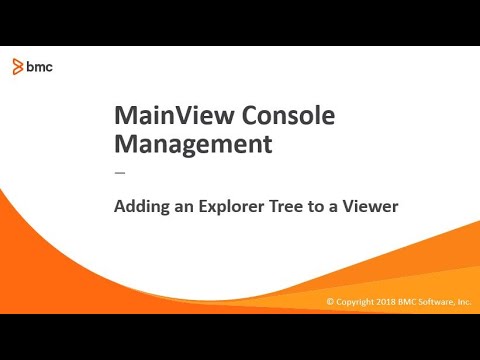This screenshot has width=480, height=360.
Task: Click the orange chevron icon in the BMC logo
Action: [19, 67]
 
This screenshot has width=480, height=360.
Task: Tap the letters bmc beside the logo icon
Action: [40, 67]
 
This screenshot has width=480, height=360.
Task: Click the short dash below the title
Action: [121, 172]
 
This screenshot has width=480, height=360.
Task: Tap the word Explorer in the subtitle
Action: [220, 208]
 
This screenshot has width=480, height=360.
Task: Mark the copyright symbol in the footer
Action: [330, 301]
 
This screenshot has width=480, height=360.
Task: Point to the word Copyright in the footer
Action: [355, 301]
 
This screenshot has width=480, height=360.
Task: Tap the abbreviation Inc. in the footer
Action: [464, 301]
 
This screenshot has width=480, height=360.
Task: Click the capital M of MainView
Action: [126, 116]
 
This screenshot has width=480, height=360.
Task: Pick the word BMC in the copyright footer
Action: [410, 301]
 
